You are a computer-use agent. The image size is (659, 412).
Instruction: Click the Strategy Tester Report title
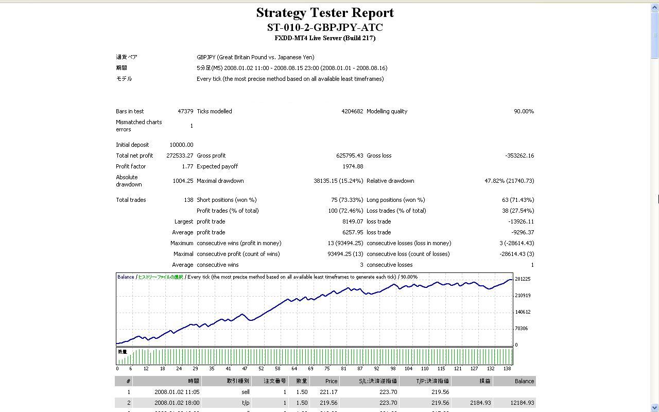pos(325,13)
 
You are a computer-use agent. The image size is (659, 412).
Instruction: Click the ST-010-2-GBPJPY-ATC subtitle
pos(325,27)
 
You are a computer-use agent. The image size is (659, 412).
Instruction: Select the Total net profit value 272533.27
pos(180,156)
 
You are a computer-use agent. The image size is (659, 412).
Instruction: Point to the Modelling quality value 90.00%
pos(524,111)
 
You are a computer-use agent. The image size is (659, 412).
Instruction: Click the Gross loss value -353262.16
pos(519,156)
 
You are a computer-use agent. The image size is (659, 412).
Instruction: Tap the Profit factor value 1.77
pos(187,166)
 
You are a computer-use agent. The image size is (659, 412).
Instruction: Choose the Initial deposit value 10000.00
pos(181,145)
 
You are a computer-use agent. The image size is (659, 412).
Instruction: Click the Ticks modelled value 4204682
pos(352,111)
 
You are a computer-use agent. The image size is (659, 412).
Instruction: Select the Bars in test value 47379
pos(185,111)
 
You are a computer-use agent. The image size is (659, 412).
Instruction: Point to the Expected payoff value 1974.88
pos(353,166)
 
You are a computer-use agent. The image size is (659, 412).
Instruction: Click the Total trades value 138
pos(188,200)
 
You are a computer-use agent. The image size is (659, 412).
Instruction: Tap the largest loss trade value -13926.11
pos(521,221)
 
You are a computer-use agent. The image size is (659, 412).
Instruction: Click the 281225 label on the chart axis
pos(523,279)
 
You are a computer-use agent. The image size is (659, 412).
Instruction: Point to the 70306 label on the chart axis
pos(521,329)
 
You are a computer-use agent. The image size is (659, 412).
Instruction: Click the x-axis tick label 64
pos(294,369)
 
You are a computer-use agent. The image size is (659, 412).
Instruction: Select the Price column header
pos(331,381)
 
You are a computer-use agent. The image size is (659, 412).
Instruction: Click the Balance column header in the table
pos(524,381)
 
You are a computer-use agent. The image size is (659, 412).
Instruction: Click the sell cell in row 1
pos(245,392)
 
